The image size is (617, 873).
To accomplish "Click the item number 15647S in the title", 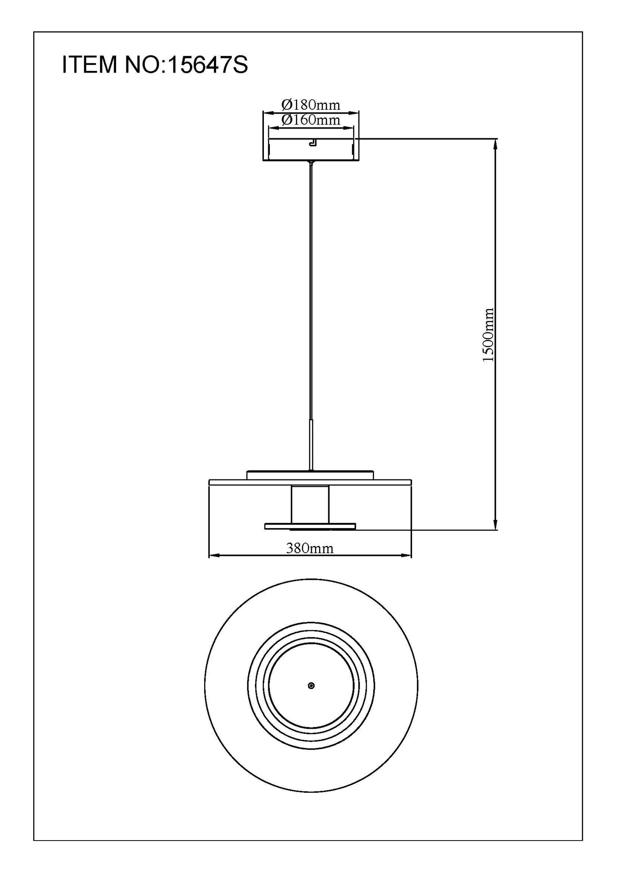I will pos(208,65).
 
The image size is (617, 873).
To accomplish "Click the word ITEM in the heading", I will pos(89,65).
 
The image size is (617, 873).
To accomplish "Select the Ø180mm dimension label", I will pos(311,105).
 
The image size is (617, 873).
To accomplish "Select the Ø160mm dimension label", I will pos(311,120).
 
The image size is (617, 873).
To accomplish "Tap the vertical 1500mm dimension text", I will pos(488,335).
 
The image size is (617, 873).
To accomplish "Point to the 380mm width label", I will pos(310,548).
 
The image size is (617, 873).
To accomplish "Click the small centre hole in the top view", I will pos(311,686).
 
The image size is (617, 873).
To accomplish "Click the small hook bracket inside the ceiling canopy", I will pos(313,142).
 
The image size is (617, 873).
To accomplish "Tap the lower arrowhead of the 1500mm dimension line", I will pos(495,525).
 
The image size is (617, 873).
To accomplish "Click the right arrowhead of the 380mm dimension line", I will pos(406,555).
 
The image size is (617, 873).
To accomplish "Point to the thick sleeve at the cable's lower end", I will pos(311,444).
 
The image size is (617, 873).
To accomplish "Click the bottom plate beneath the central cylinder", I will pos(310,526).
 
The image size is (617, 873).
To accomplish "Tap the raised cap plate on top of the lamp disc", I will pos(310,475).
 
